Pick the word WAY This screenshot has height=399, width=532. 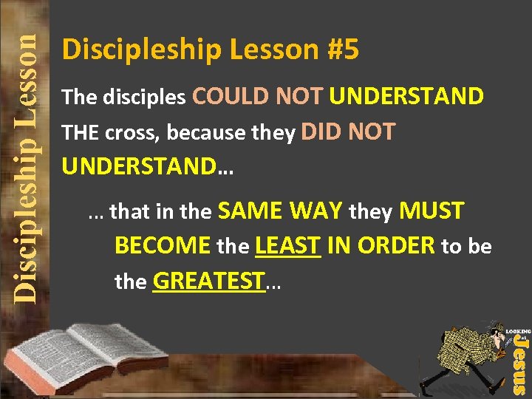316,211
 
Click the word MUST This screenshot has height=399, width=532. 432,211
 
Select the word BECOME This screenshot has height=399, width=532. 163,246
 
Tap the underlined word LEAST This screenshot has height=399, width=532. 287,246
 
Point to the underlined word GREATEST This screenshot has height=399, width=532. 208,282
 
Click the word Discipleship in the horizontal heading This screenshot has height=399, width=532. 141,50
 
